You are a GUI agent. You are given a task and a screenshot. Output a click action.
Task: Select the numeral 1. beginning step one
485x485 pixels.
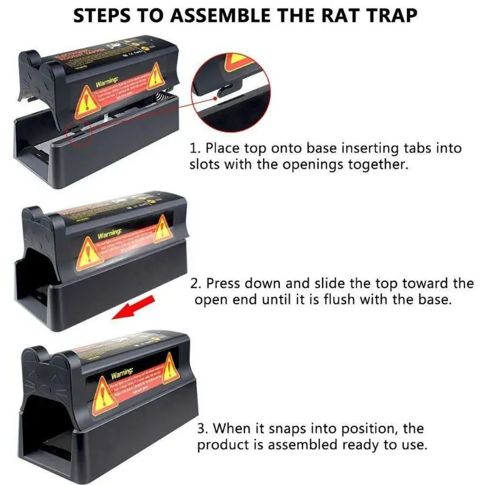[195, 148]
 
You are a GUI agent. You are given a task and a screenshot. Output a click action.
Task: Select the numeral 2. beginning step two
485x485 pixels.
[195, 283]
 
